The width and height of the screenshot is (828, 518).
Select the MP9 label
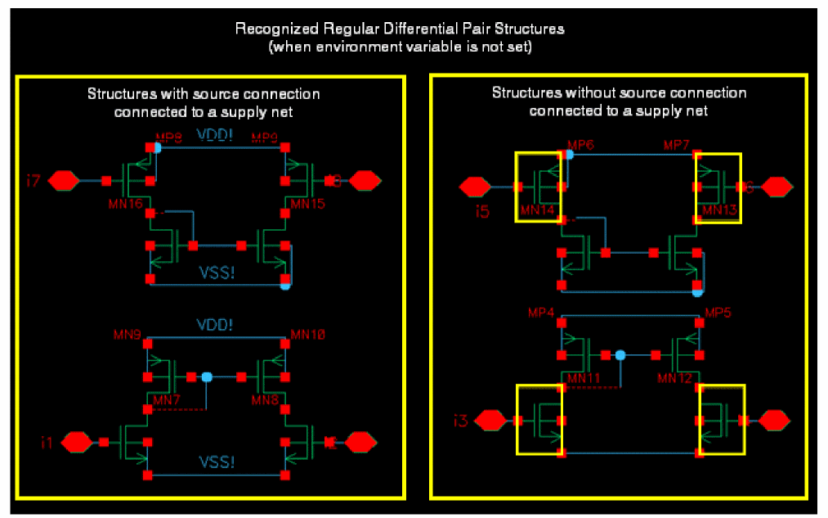(266, 137)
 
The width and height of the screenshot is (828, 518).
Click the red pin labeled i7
(63, 180)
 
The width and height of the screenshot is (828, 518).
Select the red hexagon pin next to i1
(78, 442)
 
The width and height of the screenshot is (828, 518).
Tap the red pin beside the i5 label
(474, 187)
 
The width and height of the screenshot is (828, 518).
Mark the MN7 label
(167, 400)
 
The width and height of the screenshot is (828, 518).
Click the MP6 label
(578, 145)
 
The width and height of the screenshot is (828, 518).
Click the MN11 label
(580, 379)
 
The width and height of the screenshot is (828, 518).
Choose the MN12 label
(678, 379)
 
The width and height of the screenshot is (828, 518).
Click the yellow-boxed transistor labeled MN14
(539, 187)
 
